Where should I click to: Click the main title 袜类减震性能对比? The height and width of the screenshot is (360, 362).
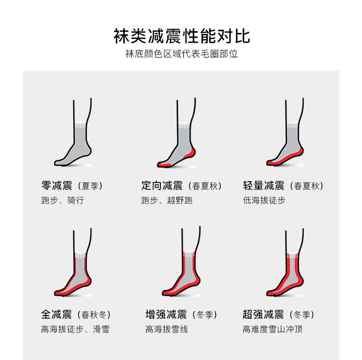tap(182, 36)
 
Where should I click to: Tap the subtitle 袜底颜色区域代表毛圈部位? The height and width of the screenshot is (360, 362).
tap(181, 54)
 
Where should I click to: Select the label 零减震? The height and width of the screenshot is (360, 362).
tap(57, 186)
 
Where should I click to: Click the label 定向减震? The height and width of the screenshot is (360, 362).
tap(162, 186)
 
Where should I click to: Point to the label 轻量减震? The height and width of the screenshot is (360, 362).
tap(263, 186)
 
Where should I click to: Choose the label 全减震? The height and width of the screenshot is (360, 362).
tap(56, 315)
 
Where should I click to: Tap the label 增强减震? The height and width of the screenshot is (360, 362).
tap(166, 315)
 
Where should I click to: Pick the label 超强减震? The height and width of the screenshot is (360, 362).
tap(263, 315)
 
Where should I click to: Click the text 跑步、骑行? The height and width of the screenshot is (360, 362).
tap(63, 200)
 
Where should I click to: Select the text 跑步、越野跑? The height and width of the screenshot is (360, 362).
tap(167, 200)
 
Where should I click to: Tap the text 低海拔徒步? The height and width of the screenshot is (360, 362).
tap(264, 200)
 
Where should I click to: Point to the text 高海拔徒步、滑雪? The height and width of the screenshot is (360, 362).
tap(75, 329)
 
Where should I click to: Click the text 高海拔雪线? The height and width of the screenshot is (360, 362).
tap(167, 329)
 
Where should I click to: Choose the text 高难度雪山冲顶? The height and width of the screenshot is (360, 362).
tap(273, 329)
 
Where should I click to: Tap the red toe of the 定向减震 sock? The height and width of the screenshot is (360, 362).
tap(164, 165)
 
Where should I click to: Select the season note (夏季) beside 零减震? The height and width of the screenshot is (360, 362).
tap(90, 186)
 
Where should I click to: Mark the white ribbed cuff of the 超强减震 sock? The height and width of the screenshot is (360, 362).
tap(292, 255)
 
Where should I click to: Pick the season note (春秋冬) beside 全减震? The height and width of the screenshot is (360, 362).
tap(94, 315)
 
